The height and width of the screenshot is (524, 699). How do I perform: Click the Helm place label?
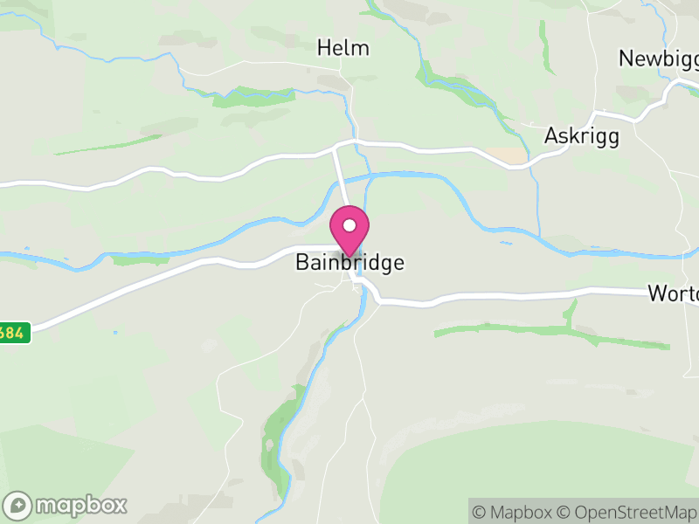point(343,47)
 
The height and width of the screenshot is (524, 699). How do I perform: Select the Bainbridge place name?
point(350,262)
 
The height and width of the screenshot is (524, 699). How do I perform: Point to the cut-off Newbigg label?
point(658,59)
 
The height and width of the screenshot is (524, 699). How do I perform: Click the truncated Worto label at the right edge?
point(673,293)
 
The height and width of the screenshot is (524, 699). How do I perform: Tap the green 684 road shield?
point(13,333)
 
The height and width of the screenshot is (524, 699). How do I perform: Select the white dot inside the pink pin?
point(349,225)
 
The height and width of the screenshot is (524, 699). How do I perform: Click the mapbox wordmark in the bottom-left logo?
point(81,505)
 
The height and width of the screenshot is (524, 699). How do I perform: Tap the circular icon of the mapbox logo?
point(19,505)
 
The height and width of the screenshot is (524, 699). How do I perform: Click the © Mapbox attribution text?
point(514,512)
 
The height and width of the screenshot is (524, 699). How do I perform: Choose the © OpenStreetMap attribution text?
point(627,512)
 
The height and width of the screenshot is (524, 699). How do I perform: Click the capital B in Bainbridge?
point(302,262)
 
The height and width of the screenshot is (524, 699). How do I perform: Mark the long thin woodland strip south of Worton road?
point(550,331)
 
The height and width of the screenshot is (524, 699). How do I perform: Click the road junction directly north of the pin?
point(336,148)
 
